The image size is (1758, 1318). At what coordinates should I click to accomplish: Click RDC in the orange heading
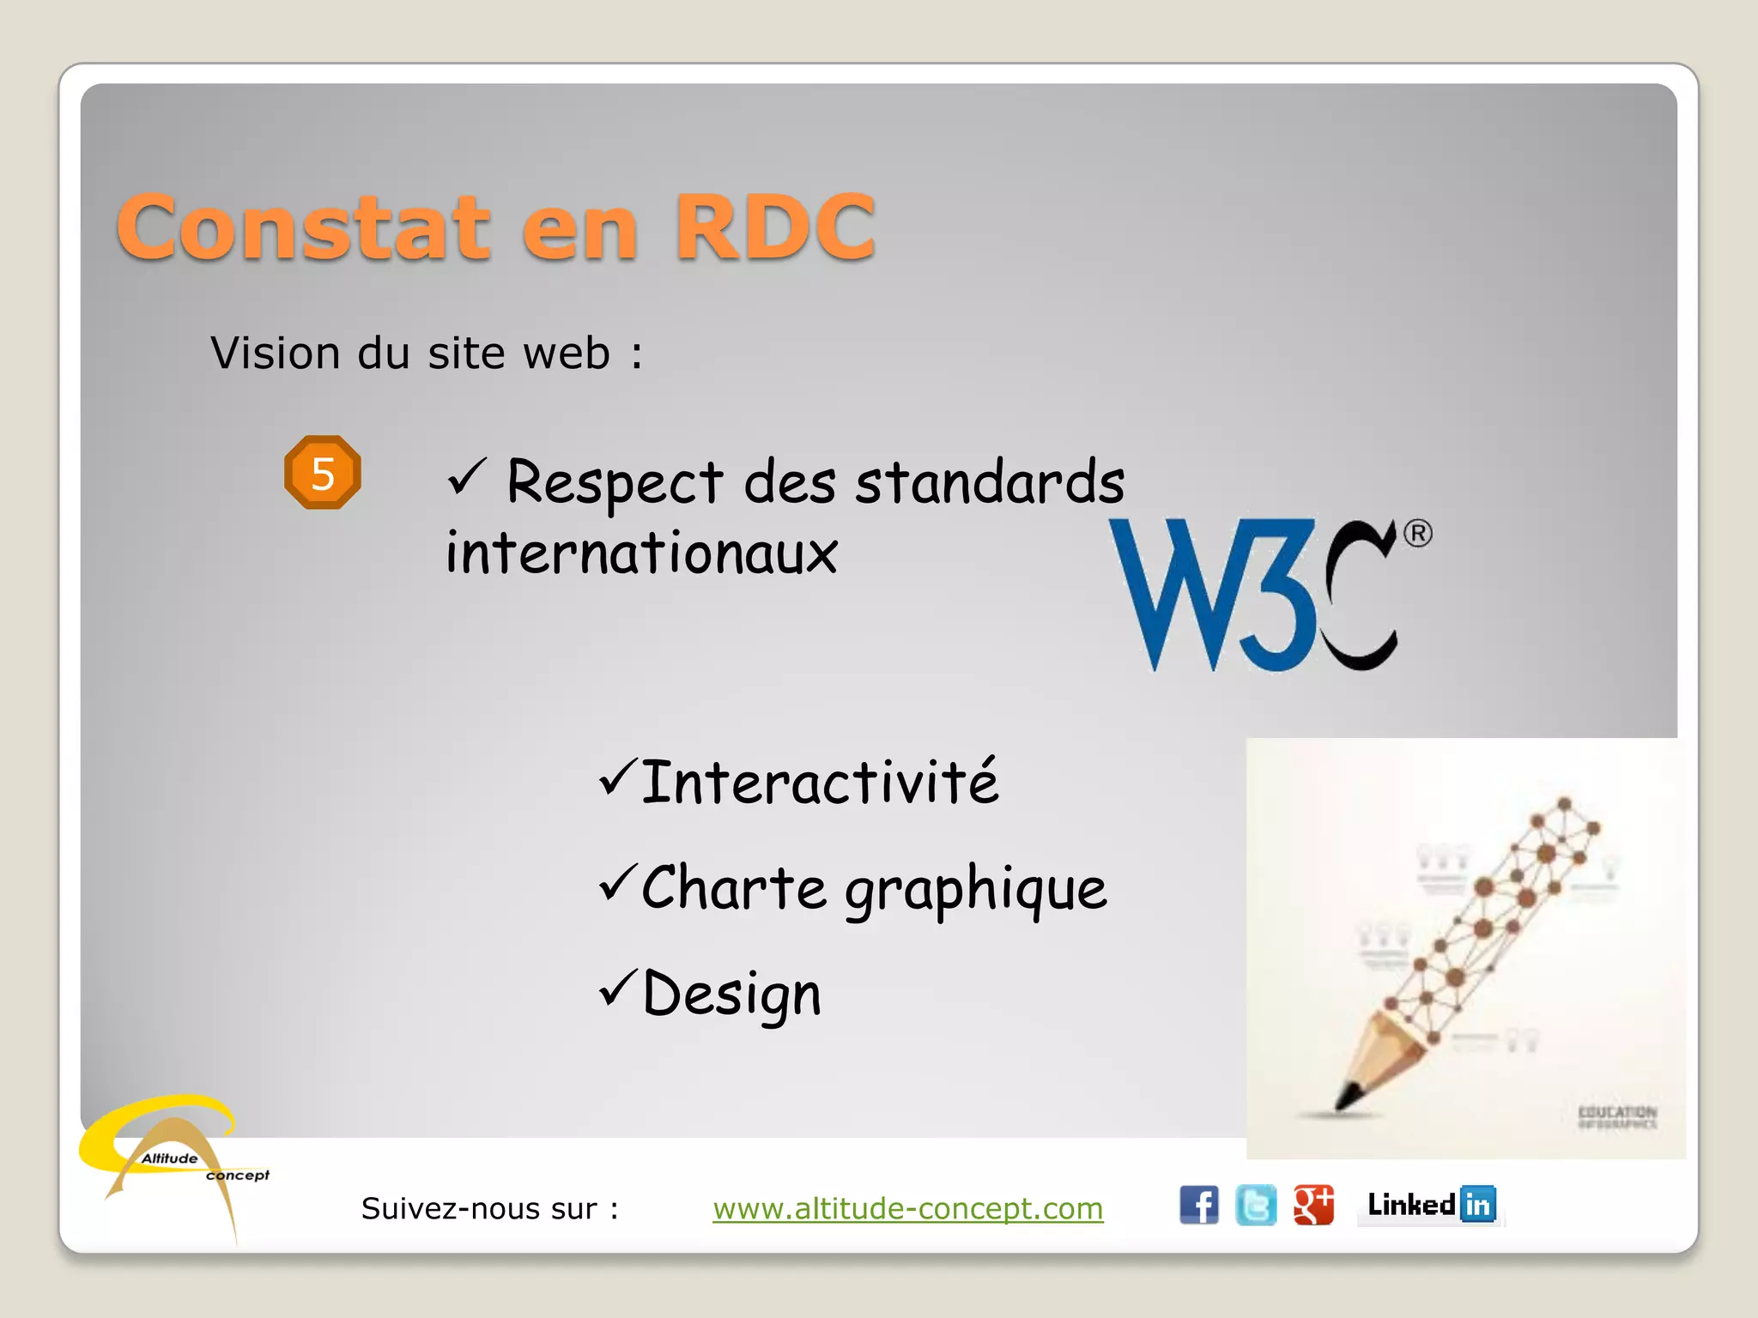(774, 227)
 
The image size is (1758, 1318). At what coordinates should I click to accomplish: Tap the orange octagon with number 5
(323, 473)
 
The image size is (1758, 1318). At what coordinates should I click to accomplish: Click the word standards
(989, 482)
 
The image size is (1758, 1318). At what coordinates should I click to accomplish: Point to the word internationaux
(641, 553)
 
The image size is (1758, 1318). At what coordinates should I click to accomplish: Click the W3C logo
(1253, 595)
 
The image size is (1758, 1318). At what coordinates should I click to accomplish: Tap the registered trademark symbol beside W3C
(1417, 534)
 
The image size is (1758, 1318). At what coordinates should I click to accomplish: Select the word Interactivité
(820, 783)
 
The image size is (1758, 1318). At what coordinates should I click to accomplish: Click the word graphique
(975, 889)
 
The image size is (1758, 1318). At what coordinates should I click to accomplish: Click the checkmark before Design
(618, 987)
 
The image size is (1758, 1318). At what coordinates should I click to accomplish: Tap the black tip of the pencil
(1348, 1097)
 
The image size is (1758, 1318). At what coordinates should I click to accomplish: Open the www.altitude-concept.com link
(907, 1208)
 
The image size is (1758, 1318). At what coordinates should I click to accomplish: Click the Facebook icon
(1198, 1205)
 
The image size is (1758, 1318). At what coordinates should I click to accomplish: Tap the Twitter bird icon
(1255, 1205)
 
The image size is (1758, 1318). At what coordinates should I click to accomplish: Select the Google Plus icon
(1313, 1205)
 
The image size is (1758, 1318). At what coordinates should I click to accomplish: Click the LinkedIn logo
(1431, 1205)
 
